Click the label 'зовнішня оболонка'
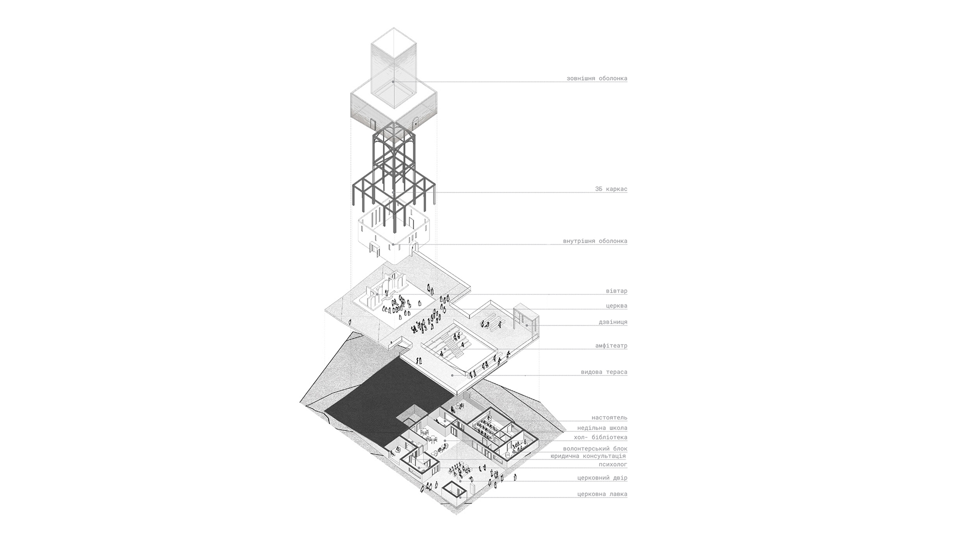(596, 78)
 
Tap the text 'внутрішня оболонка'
(595, 241)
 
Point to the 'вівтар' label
(616, 291)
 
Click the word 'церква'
(616, 305)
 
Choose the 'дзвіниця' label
(613, 322)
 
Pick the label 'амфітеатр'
(611, 345)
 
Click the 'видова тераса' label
(604, 372)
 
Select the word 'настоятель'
(609, 417)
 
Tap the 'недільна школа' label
(602, 428)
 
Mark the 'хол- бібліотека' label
(600, 437)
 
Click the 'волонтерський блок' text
(595, 449)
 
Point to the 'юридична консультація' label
(588, 456)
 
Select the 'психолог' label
(613, 464)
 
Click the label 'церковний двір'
(602, 478)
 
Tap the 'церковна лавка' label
(602, 494)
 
